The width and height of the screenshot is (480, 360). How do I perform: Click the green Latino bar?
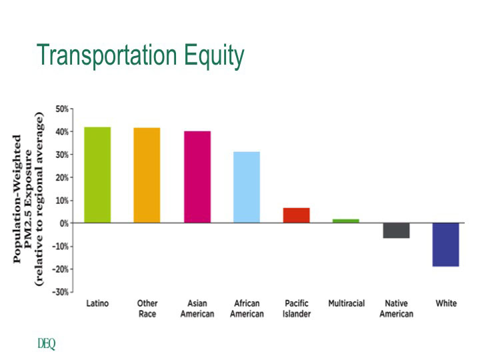tap(97, 175)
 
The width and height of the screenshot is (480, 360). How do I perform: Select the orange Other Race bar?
tap(147, 175)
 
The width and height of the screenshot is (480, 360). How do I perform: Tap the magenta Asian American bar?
tap(197, 177)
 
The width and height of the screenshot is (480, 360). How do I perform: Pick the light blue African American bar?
tap(247, 187)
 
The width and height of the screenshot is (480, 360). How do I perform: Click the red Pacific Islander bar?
tap(297, 215)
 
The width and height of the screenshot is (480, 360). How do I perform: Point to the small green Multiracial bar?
tap(346, 221)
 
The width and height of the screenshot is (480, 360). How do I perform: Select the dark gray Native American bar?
tap(396, 231)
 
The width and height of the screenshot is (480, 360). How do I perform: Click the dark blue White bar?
tap(446, 245)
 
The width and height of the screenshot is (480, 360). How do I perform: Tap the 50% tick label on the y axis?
tap(62, 109)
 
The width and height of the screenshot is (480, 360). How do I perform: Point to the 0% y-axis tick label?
tap(64, 223)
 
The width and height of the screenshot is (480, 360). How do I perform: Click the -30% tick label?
tap(61, 292)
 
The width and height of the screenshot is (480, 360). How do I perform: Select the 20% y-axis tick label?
tap(62, 177)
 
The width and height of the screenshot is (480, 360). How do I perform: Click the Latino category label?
tap(97, 304)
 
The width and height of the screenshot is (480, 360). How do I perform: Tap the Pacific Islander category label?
tap(297, 309)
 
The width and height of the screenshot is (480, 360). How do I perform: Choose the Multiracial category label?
tap(346, 304)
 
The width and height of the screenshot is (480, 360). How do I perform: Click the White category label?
tap(446, 304)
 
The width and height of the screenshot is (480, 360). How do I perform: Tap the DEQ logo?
tap(47, 344)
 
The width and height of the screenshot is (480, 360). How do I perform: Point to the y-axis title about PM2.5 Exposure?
tap(29, 200)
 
